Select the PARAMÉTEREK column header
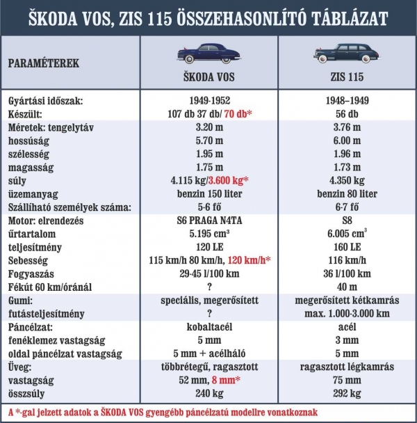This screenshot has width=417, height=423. pos(43,63)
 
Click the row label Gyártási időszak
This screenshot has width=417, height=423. pos(47,101)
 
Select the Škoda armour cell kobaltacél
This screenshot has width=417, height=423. pos(210,326)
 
